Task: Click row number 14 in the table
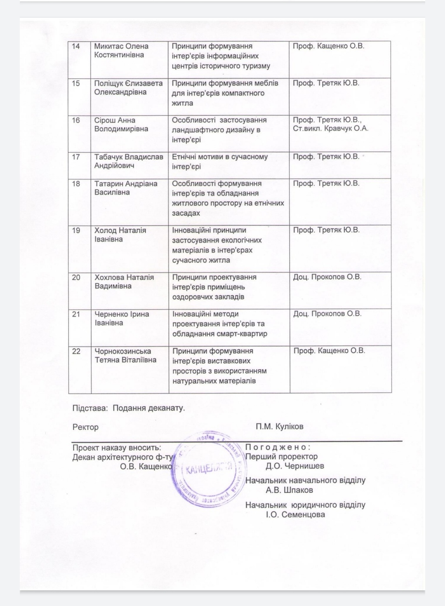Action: coord(76,46)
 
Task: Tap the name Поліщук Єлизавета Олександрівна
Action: coord(128,87)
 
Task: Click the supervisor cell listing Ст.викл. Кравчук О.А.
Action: coord(330,124)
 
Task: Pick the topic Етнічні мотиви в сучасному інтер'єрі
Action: coord(220,161)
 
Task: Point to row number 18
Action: coord(76,184)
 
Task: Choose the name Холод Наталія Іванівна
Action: coord(120,235)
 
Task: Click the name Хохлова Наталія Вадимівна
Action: coord(124,282)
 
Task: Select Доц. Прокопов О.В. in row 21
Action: coord(327,314)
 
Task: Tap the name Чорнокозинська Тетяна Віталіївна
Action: coord(125,356)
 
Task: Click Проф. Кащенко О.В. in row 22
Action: coord(329,351)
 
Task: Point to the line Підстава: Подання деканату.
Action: coord(129,408)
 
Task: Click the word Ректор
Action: coord(85,427)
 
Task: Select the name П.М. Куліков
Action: coord(279,427)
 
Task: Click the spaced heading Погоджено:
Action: coord(278,447)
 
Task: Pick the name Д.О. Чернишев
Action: coord(295,466)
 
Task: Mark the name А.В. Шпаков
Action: coord(289,490)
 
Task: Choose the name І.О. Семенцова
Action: coord(295,515)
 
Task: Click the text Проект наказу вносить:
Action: coord(117,448)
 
